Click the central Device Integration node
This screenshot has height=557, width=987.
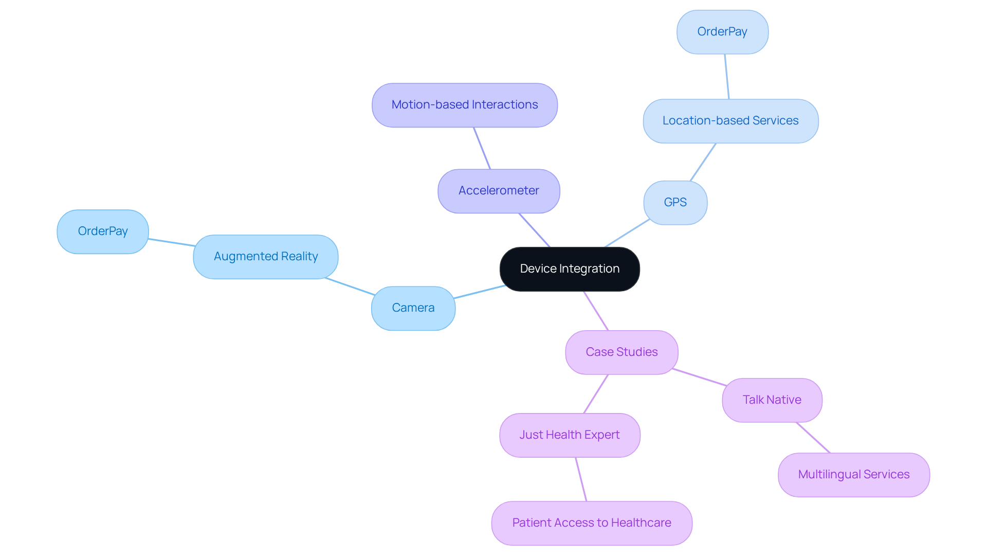point(570,269)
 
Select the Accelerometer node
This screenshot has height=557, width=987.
point(499,191)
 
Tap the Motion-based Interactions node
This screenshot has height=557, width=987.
point(465,105)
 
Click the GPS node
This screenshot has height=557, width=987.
point(675,203)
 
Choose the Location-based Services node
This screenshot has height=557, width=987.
point(730,121)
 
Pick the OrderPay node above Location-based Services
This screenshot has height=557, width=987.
point(722,32)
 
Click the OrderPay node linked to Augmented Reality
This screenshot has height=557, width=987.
point(103,231)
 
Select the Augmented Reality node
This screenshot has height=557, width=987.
point(266,257)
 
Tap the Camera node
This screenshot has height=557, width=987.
point(413,308)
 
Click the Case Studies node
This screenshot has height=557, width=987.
point(622,352)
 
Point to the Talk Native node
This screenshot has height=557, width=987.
point(772,400)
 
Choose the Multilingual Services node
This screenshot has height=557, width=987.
point(853,475)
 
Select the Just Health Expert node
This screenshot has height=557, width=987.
point(570,435)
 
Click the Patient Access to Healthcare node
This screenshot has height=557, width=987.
point(592,523)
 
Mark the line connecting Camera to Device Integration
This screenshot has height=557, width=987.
point(479,292)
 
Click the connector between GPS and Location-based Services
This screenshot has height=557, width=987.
point(703,162)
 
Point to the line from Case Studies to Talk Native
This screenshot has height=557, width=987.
point(699,377)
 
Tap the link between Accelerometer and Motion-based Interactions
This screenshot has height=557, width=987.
point(482,148)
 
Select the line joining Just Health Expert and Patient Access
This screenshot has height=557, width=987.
point(581,479)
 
